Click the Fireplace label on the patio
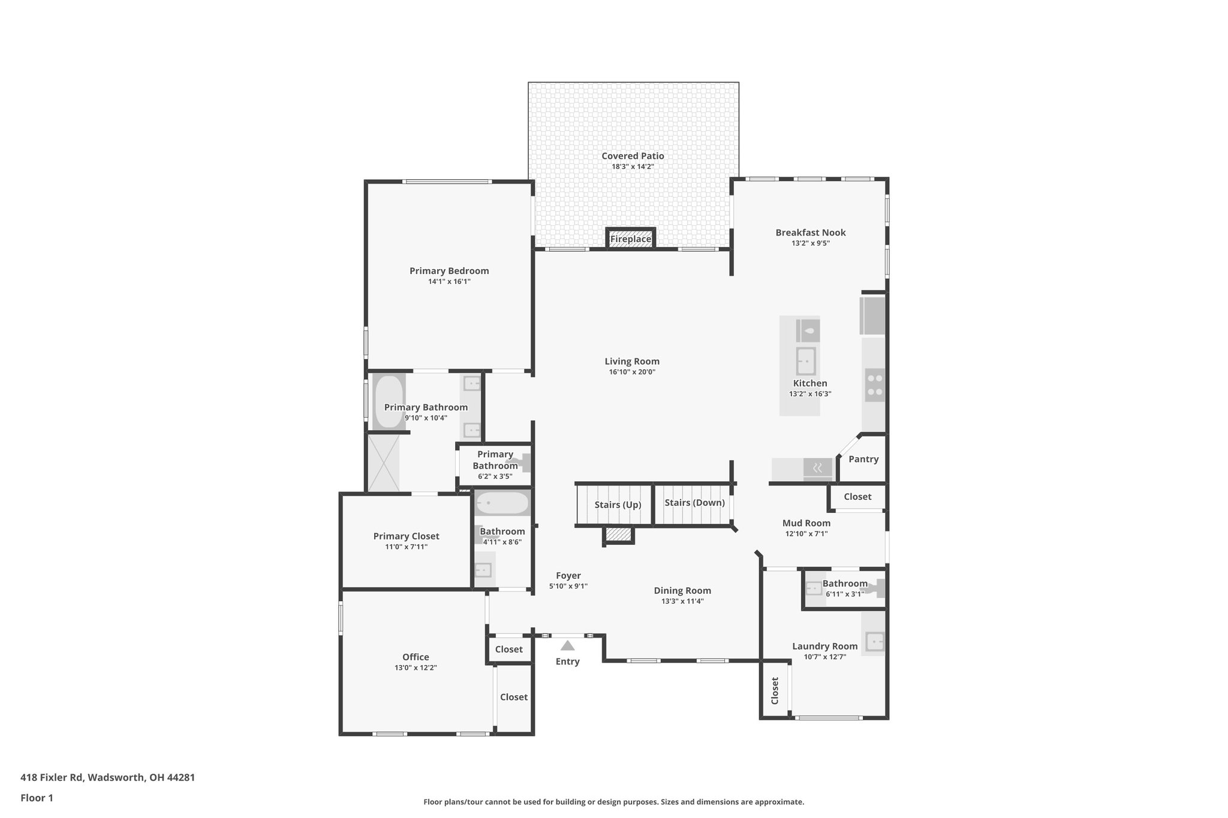(630, 239)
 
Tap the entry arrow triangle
(567, 645)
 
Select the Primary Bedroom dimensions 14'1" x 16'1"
(449, 282)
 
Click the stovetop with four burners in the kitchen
(874, 385)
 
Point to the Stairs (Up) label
(618, 505)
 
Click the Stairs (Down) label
(694, 503)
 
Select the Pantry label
(863, 459)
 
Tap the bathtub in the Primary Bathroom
(389, 402)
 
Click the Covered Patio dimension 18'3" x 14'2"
(633, 167)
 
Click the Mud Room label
(806, 523)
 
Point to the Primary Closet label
(406, 536)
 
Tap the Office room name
(416, 657)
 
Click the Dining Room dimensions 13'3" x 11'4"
(682, 601)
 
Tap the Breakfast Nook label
(810, 233)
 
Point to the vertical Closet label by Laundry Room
(775, 690)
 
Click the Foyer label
(568, 576)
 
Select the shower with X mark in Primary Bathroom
(383, 463)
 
